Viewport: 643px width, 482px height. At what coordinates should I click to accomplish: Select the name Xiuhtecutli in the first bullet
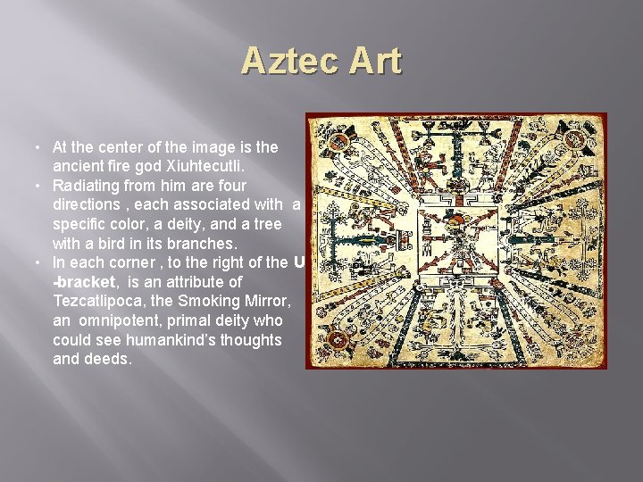coord(211,165)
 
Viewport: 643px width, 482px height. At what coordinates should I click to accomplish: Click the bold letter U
coord(298,262)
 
